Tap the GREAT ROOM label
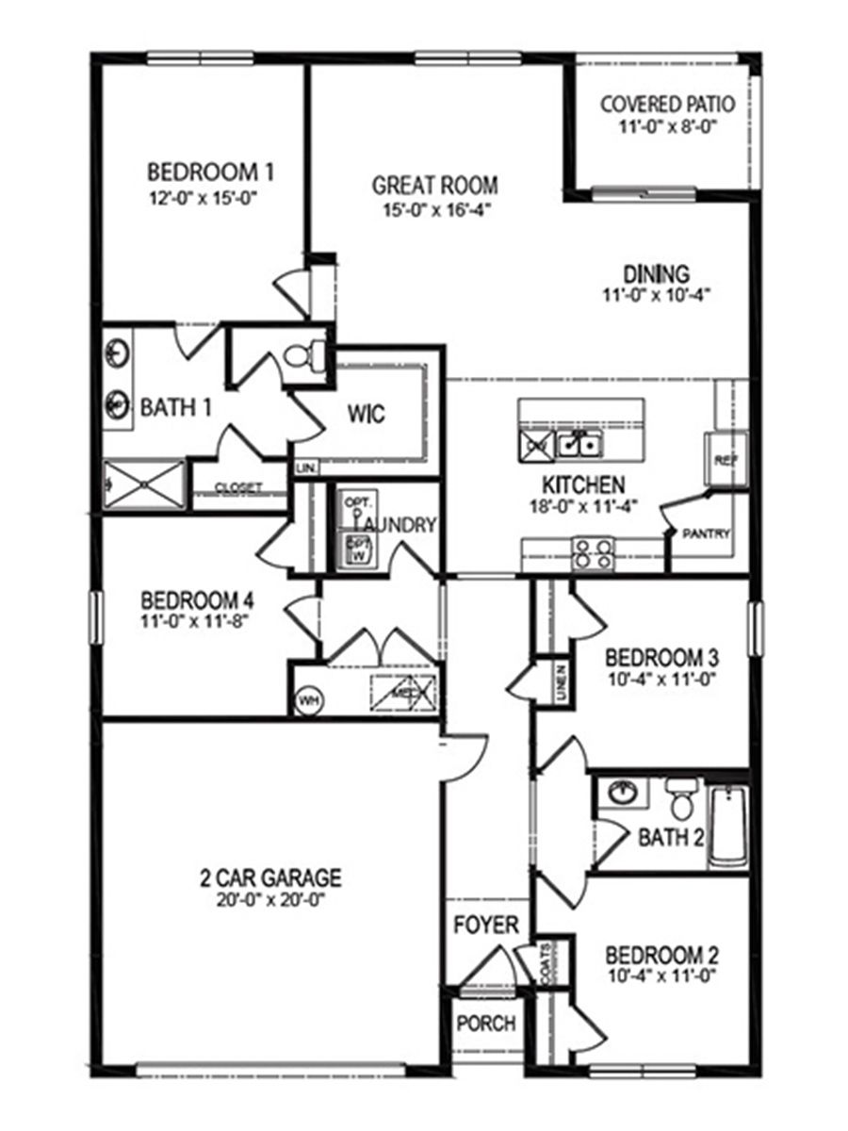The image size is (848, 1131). pos(434,185)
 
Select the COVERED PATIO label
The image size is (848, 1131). pos(667,103)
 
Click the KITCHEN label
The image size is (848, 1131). pos(582,484)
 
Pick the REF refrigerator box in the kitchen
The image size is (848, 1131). pos(726,460)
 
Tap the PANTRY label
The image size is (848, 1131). pos(708,533)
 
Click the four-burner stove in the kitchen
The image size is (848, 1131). pos(594,552)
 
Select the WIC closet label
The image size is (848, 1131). pos(366,414)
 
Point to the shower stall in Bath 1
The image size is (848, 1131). pos(144,484)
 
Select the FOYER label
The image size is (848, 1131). pos(486,925)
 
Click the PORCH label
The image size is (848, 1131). pos(486,1023)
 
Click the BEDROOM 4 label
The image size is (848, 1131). pos(197,600)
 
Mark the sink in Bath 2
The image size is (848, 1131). pos(622,794)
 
